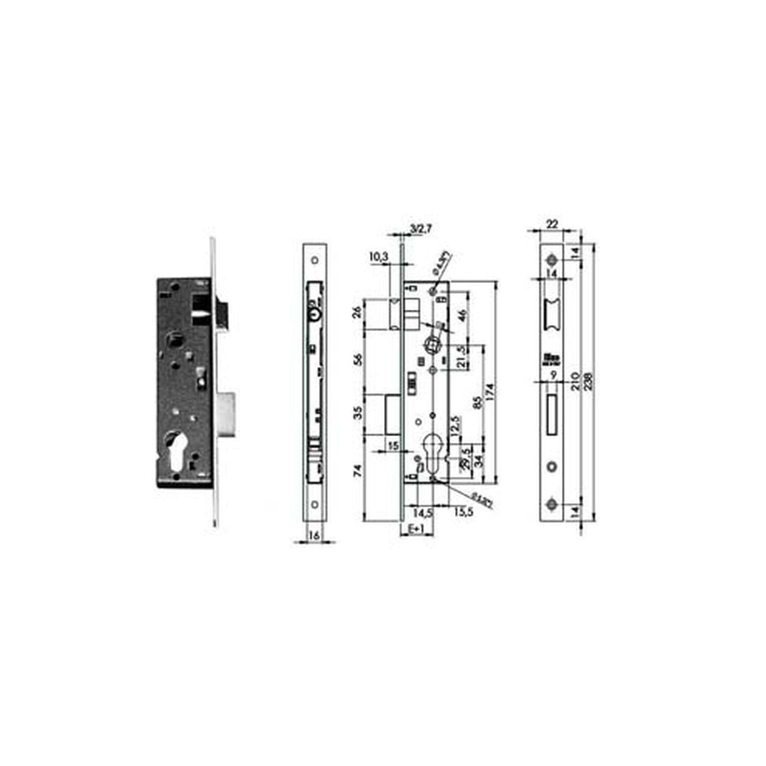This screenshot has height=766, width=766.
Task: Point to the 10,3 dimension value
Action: coord(379,257)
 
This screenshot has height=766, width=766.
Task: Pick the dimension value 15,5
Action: coord(464,513)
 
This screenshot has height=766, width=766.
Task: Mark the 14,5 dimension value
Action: coord(423,513)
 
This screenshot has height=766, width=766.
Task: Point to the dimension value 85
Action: coord(477,402)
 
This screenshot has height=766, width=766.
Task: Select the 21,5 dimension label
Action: coord(462,356)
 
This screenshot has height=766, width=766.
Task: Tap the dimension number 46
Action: coord(461,313)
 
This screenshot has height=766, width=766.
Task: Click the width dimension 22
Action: coord(552,223)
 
